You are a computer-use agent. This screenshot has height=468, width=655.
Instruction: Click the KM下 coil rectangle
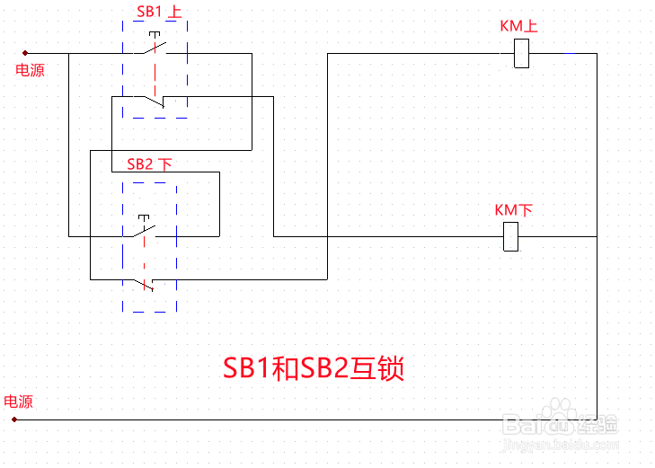511,236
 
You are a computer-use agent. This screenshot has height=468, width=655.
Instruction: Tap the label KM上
518,26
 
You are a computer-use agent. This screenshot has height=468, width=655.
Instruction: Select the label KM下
514,210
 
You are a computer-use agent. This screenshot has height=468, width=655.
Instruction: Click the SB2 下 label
148,163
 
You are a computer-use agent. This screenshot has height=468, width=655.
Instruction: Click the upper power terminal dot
25,53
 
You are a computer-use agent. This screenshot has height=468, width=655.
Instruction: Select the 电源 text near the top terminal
30,70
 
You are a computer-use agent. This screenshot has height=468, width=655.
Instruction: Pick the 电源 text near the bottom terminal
19,402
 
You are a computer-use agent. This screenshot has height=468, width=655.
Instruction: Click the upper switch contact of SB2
144,233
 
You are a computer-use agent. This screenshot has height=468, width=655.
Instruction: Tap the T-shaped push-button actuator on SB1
155,36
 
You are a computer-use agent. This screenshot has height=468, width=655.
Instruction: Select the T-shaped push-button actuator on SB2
143,217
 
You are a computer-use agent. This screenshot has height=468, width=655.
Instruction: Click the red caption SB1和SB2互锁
313,369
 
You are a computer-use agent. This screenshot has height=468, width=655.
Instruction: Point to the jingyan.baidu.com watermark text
561,445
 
